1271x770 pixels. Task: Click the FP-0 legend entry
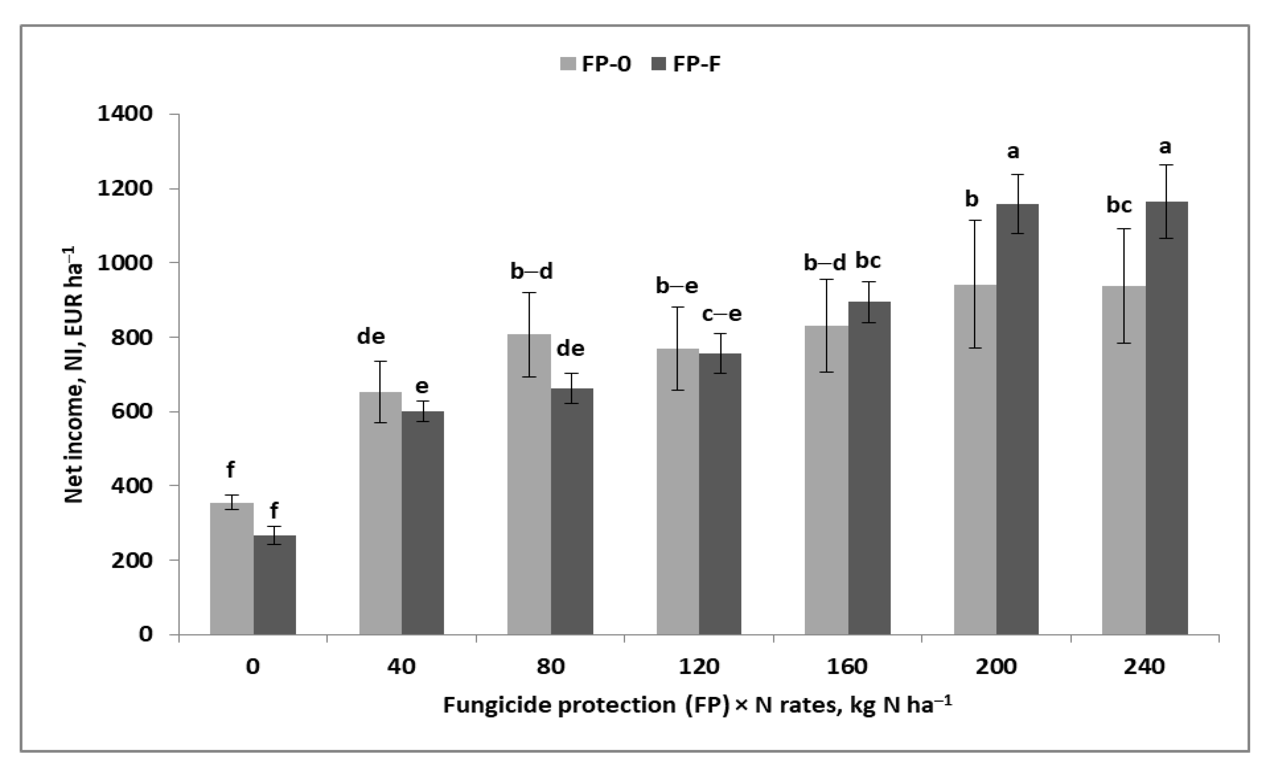coord(595,64)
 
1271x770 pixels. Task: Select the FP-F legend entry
coord(686,64)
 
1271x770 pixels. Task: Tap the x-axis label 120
coord(698,666)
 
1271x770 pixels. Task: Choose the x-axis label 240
coord(1144,666)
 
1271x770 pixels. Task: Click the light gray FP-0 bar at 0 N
coord(232,567)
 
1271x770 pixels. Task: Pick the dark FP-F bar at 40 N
coord(423,521)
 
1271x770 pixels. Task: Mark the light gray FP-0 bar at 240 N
coord(1123,459)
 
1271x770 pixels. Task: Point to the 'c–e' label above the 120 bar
coord(721,314)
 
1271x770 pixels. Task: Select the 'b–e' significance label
coord(676,286)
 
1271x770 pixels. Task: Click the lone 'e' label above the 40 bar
coord(421,386)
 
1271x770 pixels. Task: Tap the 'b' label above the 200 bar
coord(971,199)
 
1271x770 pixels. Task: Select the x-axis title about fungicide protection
coord(697,705)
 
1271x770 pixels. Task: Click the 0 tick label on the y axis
coord(146,634)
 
